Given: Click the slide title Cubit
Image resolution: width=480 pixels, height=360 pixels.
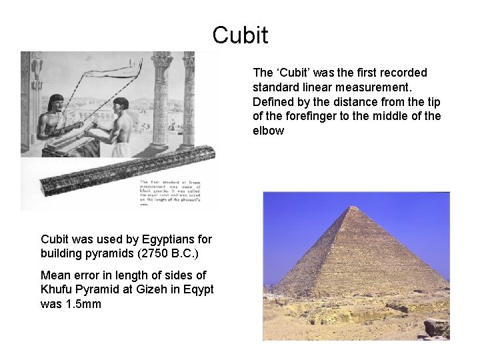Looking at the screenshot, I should pos(240,35).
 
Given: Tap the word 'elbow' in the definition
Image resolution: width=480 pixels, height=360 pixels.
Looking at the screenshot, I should pos(268,131).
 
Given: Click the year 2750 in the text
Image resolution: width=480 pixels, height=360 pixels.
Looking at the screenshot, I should pos(144,253).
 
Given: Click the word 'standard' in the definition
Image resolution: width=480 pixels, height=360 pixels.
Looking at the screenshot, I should pos(275,87).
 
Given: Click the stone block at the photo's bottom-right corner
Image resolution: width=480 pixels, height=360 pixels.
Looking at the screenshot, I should pos(436,327).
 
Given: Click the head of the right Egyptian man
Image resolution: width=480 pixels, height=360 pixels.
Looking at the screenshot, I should pos(121,104).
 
